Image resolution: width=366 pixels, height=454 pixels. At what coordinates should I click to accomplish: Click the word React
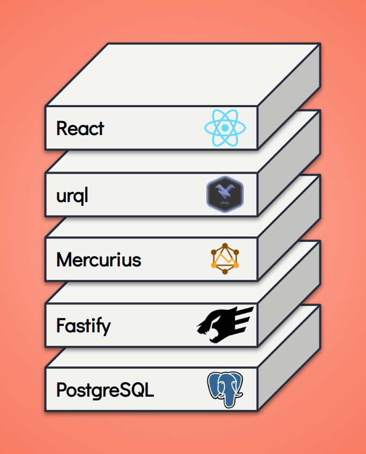80,129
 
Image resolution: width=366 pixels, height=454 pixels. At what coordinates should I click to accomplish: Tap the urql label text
72,196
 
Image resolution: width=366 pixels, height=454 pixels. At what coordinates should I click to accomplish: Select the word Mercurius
99,260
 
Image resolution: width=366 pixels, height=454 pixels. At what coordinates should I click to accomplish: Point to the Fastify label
83,325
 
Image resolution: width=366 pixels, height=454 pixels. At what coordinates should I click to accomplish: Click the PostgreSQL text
105,390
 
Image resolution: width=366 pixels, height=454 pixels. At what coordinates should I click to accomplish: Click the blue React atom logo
225,128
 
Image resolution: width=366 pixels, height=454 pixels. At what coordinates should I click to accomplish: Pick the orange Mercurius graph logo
225,259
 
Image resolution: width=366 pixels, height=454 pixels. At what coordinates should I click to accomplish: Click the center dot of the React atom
225,129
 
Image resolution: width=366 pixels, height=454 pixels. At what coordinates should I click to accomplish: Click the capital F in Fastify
61,325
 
